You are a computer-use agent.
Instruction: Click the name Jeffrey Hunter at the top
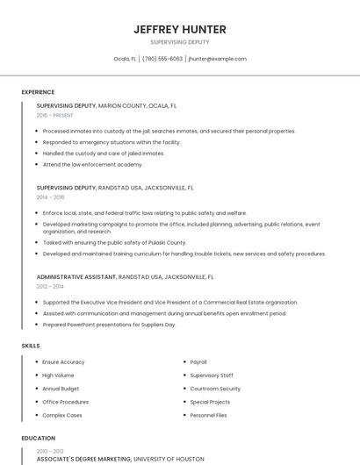(x=180, y=29)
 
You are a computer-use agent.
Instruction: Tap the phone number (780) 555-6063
(x=162, y=59)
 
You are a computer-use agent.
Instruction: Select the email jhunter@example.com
(x=218, y=59)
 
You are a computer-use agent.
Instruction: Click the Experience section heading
(x=38, y=92)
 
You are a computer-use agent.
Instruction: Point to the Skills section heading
(x=31, y=346)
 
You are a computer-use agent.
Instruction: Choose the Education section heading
(x=38, y=438)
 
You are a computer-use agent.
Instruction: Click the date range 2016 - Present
(x=54, y=115)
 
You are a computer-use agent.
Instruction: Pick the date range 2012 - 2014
(x=50, y=286)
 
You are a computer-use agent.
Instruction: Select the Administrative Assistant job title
(x=76, y=276)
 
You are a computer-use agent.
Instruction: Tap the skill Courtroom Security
(x=215, y=389)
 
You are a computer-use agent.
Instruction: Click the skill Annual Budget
(x=61, y=389)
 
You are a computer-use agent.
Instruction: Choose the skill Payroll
(x=198, y=361)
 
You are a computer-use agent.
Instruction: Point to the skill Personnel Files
(x=208, y=415)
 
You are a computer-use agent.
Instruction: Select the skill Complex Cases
(x=62, y=415)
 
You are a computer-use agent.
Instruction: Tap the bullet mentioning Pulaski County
(x=114, y=242)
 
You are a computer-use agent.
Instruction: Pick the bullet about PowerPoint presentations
(x=109, y=325)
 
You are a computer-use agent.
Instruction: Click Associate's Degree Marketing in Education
(x=84, y=459)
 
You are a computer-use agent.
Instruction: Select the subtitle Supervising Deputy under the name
(x=180, y=42)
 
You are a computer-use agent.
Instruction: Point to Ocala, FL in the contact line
(x=125, y=59)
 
